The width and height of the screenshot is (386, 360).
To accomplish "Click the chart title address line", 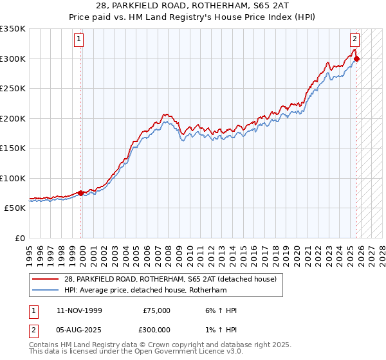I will coord(193,6).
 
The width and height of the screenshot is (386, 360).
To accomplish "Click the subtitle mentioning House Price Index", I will coord(193,17).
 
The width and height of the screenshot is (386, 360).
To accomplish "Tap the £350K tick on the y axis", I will coord(13,29).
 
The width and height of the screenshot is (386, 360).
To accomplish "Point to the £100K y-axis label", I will coord(13,178).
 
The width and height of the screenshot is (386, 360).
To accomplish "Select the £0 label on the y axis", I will coord(19,238).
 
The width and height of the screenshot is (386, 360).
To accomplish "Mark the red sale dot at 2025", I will coord(357,59).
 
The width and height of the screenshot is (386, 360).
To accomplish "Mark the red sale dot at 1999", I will coord(80,193).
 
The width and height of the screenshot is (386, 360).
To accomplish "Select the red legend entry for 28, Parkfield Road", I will coord(170,279).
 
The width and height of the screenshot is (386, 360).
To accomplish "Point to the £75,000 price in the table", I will coord(156,310).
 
